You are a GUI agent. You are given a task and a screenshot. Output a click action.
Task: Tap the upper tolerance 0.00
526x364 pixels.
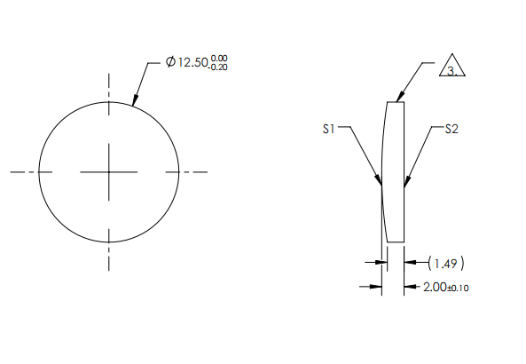219,59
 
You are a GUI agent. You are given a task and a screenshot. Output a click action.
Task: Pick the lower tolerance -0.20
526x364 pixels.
218,67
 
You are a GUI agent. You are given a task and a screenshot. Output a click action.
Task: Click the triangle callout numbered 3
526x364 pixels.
452,70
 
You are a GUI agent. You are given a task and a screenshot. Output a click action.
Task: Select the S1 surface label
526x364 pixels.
328,129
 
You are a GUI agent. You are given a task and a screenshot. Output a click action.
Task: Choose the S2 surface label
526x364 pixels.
451,129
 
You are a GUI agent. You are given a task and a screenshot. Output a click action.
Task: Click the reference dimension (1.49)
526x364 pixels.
446,263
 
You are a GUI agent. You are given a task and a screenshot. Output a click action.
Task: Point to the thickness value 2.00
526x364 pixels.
436,287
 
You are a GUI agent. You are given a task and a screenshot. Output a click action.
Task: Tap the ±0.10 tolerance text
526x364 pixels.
459,288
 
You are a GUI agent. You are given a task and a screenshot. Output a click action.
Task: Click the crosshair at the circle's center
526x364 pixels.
109,171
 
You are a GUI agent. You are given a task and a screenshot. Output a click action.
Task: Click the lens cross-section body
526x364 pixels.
396,171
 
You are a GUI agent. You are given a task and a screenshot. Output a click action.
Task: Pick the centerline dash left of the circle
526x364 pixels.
20,171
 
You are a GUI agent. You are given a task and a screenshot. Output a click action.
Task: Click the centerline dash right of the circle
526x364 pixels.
197,171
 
